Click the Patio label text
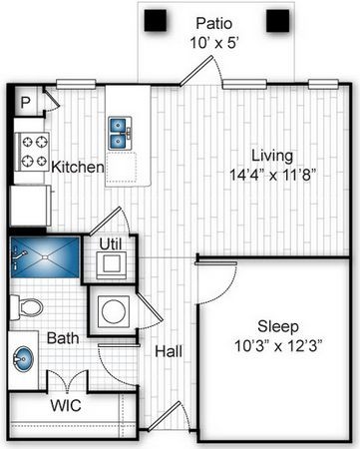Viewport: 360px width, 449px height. [x=213, y=24]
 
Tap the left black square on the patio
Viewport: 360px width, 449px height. [x=156, y=20]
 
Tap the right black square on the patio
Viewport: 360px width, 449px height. [x=277, y=21]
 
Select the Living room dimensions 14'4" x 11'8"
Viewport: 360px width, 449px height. [x=272, y=175]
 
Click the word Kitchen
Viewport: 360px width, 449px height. [x=78, y=167]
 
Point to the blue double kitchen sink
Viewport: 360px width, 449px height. [x=120, y=134]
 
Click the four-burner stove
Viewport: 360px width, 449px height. [x=32, y=152]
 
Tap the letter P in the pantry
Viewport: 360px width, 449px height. [x=25, y=103]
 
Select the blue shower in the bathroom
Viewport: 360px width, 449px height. [x=45, y=257]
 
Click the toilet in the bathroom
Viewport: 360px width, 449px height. [x=27, y=307]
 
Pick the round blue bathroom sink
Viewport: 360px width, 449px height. [x=23, y=359]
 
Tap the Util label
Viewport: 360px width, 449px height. [x=111, y=244]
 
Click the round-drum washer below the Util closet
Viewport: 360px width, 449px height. [x=114, y=311]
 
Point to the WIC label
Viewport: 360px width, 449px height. [x=66, y=405]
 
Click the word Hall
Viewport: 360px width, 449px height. [x=169, y=351]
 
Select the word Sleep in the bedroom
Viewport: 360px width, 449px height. [x=278, y=327]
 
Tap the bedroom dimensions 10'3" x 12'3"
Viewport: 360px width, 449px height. [x=278, y=346]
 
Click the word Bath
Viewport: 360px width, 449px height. [x=63, y=338]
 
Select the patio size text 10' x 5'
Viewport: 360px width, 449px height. [x=214, y=43]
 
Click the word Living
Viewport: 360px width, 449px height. [x=272, y=156]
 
